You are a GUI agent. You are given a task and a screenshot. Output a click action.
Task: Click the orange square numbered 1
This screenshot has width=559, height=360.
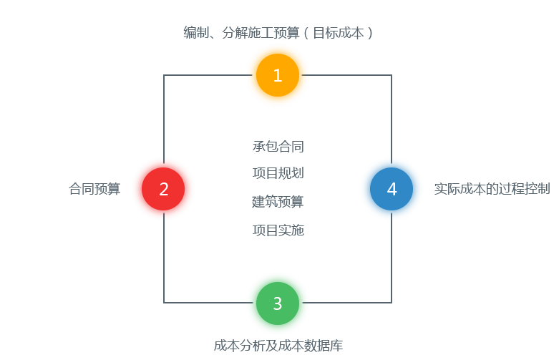(278, 75)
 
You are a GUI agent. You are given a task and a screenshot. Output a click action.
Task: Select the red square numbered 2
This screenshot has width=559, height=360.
(163, 189)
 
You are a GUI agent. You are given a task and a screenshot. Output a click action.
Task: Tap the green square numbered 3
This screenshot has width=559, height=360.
(278, 303)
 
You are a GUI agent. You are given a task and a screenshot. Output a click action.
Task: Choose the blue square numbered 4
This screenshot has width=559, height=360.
(392, 189)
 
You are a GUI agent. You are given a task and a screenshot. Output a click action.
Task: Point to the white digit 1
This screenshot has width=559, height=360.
(278, 75)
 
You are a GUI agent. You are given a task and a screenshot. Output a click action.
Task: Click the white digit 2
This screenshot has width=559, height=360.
(164, 190)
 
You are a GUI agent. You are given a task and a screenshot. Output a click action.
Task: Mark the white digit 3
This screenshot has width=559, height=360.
(278, 303)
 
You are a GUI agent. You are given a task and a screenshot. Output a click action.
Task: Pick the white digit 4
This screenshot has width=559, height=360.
(392, 190)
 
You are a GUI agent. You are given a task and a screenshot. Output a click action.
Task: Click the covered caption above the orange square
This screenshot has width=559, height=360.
(278, 32)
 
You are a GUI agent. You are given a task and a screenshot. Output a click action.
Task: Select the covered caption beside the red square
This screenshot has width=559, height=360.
(94, 189)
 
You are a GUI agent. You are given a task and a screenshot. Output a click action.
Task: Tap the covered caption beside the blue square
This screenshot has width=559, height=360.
(492, 189)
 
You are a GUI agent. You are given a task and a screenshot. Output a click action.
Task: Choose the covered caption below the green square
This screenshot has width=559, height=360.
(278, 346)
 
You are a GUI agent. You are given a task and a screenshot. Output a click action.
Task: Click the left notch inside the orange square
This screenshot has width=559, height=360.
(249, 74)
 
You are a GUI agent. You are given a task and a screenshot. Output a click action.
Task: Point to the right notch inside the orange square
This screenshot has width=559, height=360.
(306, 74)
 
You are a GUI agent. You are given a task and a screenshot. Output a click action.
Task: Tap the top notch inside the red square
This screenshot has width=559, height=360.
(163, 160)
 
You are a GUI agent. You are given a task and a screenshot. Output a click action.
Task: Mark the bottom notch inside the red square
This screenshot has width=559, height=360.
(163, 217)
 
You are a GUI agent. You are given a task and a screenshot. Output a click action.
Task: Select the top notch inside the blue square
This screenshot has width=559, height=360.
(391, 160)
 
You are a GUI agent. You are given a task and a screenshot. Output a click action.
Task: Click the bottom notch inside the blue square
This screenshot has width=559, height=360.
(391, 217)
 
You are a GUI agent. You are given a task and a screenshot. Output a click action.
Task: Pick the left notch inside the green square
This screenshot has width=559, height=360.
(249, 303)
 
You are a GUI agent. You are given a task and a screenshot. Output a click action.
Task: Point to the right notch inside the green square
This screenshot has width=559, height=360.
(306, 303)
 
